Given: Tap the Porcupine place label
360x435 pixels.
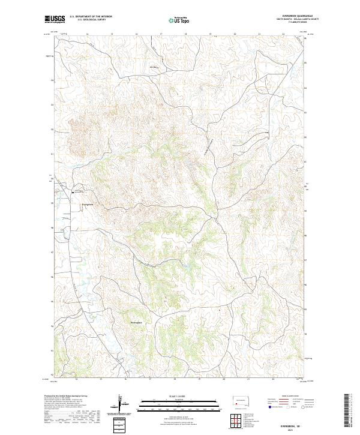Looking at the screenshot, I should [x=137, y=323].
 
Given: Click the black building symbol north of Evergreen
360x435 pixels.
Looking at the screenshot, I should [x=73, y=192].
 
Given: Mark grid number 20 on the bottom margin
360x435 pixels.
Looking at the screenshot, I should [x=223, y=380].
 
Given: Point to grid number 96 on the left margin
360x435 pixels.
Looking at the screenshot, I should [x=52, y=277].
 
